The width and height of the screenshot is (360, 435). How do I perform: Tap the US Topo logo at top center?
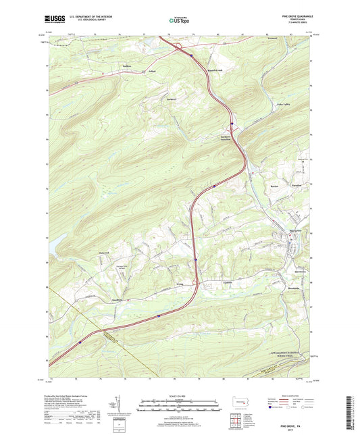coord(178,20)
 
